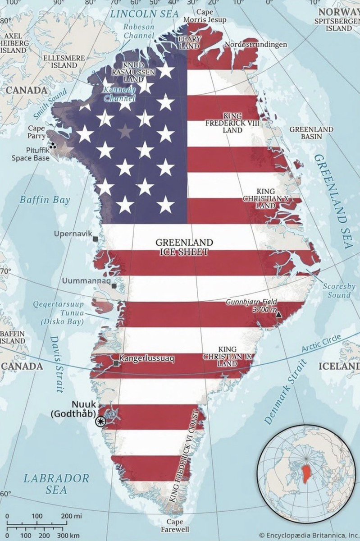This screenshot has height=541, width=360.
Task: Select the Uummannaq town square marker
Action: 115,286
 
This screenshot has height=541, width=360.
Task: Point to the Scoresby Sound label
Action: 339,291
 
